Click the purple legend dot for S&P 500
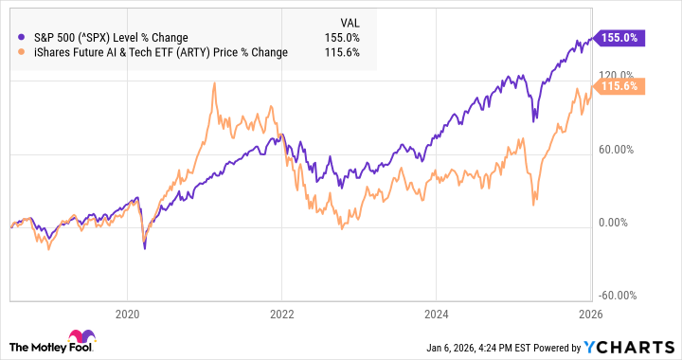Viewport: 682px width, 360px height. (22, 37)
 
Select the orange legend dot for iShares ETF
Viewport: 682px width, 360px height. (22, 52)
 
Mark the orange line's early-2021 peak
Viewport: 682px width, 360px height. (214, 83)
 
